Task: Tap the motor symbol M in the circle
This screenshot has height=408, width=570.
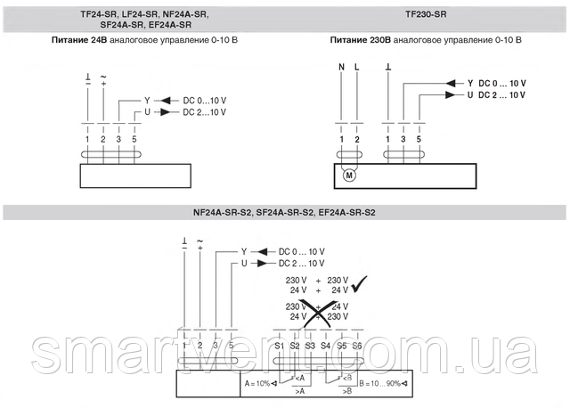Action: tap(349, 174)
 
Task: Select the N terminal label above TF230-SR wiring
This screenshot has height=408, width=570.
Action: tap(341, 67)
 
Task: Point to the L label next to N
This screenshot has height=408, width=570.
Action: tap(356, 67)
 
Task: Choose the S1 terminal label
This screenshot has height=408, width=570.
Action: tap(279, 345)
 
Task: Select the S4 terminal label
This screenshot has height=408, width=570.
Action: tap(325, 345)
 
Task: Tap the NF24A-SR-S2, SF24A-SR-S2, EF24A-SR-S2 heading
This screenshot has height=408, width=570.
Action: tap(284, 214)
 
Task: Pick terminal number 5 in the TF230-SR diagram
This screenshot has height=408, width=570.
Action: tap(419, 138)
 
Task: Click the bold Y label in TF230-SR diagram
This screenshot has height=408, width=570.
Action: tap(470, 83)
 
